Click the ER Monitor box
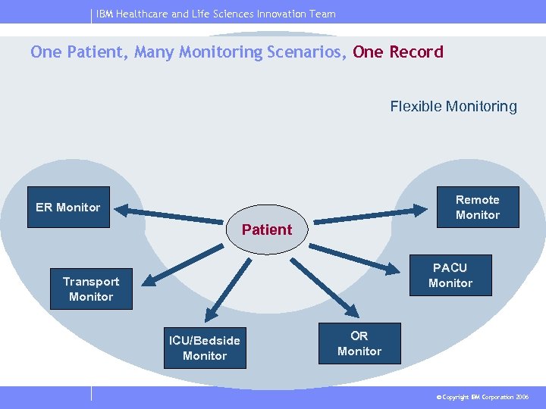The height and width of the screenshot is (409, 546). point(68,207)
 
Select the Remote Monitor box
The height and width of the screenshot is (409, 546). point(477,207)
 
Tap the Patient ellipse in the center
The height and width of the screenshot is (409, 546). point(267,229)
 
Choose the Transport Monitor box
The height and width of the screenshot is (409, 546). point(91,289)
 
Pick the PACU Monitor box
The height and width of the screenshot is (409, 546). point(450,275)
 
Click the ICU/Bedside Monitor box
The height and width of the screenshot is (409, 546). point(205,348)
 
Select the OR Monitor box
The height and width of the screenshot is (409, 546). point(359,343)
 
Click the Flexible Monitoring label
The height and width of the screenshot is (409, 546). point(453,106)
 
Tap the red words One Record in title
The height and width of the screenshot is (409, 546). point(398,52)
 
